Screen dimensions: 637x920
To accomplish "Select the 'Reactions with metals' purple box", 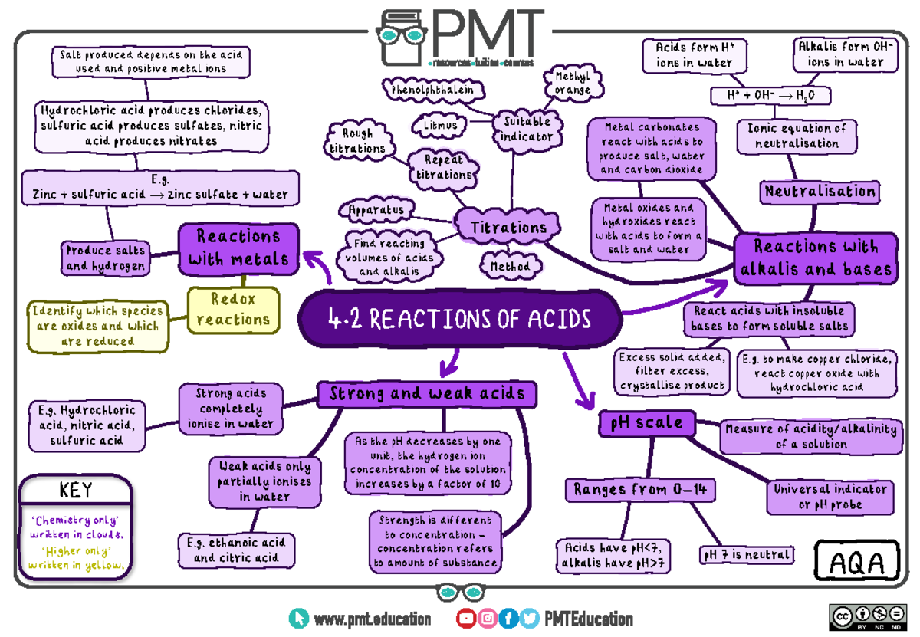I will tap(238, 248).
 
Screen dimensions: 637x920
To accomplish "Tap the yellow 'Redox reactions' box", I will tap(234, 309).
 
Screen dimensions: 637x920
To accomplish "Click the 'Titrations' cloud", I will tap(508, 227).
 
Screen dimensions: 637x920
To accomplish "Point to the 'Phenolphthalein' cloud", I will tap(437, 90).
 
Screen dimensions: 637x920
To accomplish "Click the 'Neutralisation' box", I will tap(820, 192).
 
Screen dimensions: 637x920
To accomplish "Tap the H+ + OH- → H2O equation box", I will tap(770, 96).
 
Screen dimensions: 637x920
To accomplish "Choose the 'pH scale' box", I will tap(648, 423).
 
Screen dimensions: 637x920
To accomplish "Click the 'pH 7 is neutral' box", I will tap(745, 554).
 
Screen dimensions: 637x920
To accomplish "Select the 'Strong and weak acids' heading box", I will tap(427, 394).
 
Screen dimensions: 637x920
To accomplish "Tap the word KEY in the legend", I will tap(75, 490).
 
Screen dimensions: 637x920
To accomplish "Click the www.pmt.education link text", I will tap(372, 619).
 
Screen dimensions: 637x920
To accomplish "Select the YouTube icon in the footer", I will tap(465, 619).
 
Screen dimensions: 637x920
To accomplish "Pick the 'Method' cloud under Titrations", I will tap(510, 266).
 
